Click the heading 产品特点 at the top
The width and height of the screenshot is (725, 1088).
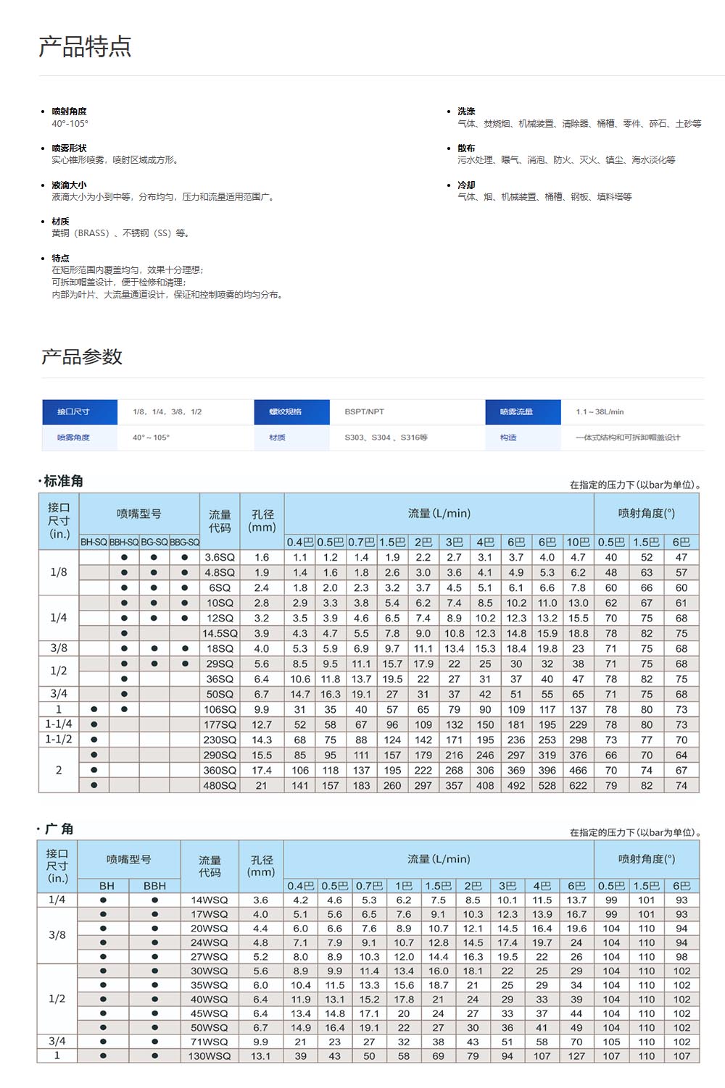85,46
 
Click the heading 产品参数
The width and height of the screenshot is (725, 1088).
82,356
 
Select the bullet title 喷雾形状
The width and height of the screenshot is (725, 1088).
69,148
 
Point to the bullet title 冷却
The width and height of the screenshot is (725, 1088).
466,185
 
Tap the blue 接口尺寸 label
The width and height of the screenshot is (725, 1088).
73,411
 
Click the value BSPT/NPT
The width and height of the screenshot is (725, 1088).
365,411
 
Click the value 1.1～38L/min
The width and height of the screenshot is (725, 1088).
600,411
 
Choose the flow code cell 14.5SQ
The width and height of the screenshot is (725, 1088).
220,633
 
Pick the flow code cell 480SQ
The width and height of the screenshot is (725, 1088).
220,785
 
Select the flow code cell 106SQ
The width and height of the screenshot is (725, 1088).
220,709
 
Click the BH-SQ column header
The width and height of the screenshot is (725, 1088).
94,542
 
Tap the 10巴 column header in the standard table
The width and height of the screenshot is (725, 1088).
578,542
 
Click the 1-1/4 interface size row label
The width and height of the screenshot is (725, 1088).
59,724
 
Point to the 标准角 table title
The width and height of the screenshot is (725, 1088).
63,481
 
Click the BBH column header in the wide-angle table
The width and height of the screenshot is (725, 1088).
154,885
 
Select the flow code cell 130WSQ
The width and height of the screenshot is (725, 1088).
210,1056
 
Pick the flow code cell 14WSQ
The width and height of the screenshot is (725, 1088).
210,900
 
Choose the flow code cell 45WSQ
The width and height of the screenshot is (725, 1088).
210,1013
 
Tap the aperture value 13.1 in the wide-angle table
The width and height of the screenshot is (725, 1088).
261,1056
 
